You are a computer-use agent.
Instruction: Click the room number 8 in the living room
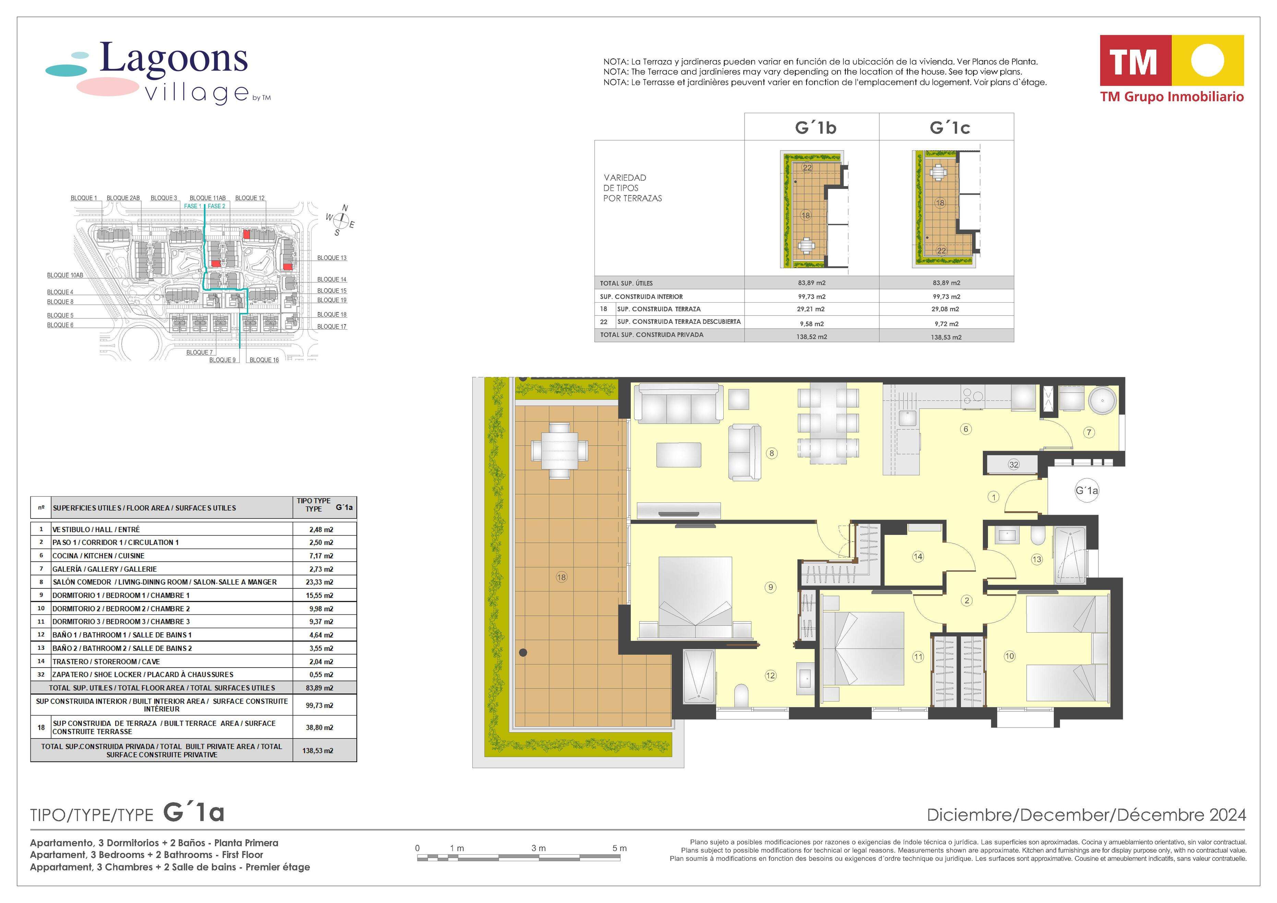tap(771, 453)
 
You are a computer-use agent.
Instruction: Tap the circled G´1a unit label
tap(1087, 491)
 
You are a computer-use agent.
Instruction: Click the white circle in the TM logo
tap(1207, 60)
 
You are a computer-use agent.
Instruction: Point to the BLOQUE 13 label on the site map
tap(332, 258)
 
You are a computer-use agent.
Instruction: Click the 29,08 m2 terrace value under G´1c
tap(946, 309)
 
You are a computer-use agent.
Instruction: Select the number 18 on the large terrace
tap(561, 577)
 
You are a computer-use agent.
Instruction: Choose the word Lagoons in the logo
tap(173, 58)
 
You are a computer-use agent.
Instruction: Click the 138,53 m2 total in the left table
tap(317, 751)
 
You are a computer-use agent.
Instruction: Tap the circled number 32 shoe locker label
tap(1014, 464)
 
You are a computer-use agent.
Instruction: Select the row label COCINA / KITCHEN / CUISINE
tap(98, 556)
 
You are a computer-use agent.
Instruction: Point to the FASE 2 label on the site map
tap(217, 206)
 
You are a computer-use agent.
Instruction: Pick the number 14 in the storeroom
tap(918, 557)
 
